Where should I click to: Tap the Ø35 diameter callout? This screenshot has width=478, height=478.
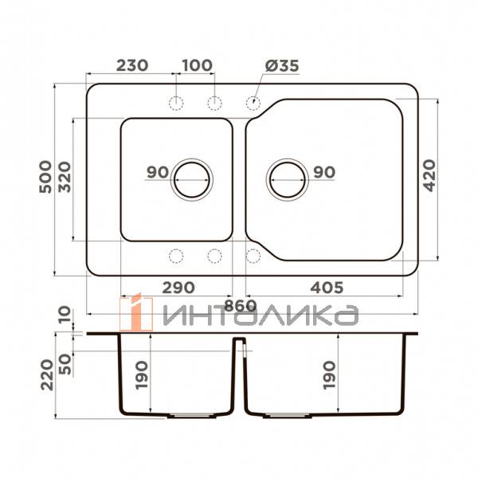(280, 66)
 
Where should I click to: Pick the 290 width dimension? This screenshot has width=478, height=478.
(177, 286)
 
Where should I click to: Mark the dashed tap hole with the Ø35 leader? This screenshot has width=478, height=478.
(253, 102)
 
